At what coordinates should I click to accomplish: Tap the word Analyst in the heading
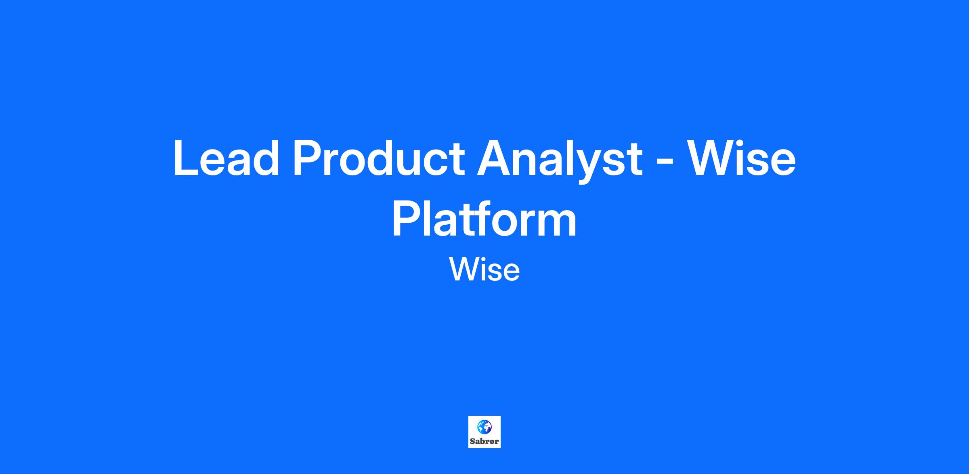click(x=560, y=160)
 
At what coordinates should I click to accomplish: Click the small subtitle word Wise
click(x=484, y=270)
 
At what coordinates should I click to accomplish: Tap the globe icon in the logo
click(x=484, y=427)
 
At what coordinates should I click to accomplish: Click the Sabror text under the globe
click(x=484, y=441)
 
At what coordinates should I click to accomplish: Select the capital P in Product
click(x=309, y=158)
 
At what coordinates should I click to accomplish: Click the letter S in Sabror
click(x=472, y=441)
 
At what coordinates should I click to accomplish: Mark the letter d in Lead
click(x=266, y=158)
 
